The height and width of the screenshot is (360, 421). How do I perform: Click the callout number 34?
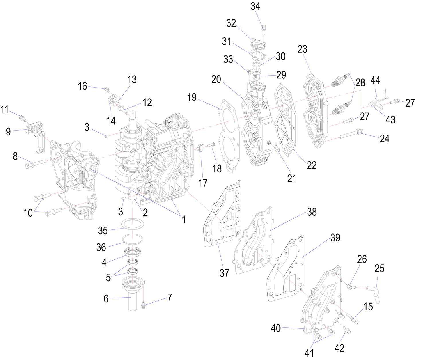click(255, 6)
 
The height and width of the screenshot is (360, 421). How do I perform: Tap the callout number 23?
click(302, 49)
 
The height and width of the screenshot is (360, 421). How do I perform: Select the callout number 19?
click(192, 97)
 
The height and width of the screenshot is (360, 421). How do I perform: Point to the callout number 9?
click(8, 131)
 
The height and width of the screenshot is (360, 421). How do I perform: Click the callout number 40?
click(276, 328)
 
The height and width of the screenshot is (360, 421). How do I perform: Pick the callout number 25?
click(379, 269)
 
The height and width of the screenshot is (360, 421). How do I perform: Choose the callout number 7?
click(170, 298)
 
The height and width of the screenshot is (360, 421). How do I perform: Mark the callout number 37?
click(224, 273)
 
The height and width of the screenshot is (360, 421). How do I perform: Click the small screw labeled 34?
click(263, 28)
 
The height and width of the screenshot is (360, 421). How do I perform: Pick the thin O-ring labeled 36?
click(133, 239)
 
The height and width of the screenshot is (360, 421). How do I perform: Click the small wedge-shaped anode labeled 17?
click(200, 148)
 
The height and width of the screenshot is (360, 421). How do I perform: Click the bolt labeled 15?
click(352, 319)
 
